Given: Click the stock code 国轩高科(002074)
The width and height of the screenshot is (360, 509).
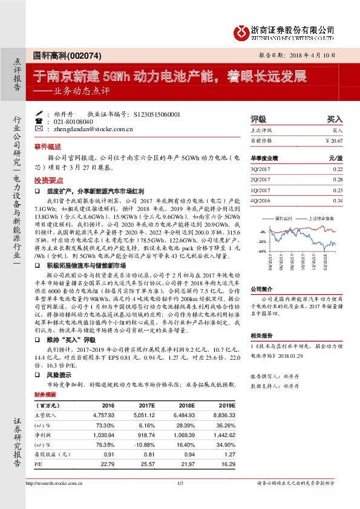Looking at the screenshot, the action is pos(59,55).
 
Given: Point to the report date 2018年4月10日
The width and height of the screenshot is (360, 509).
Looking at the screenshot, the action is pos(310,54).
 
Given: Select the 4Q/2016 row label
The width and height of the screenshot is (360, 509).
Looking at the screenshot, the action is pos(260,200).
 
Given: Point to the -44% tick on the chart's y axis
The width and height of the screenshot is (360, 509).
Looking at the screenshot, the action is pos(261,250).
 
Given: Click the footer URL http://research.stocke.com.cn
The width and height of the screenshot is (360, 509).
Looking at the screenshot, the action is pos(55,483).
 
